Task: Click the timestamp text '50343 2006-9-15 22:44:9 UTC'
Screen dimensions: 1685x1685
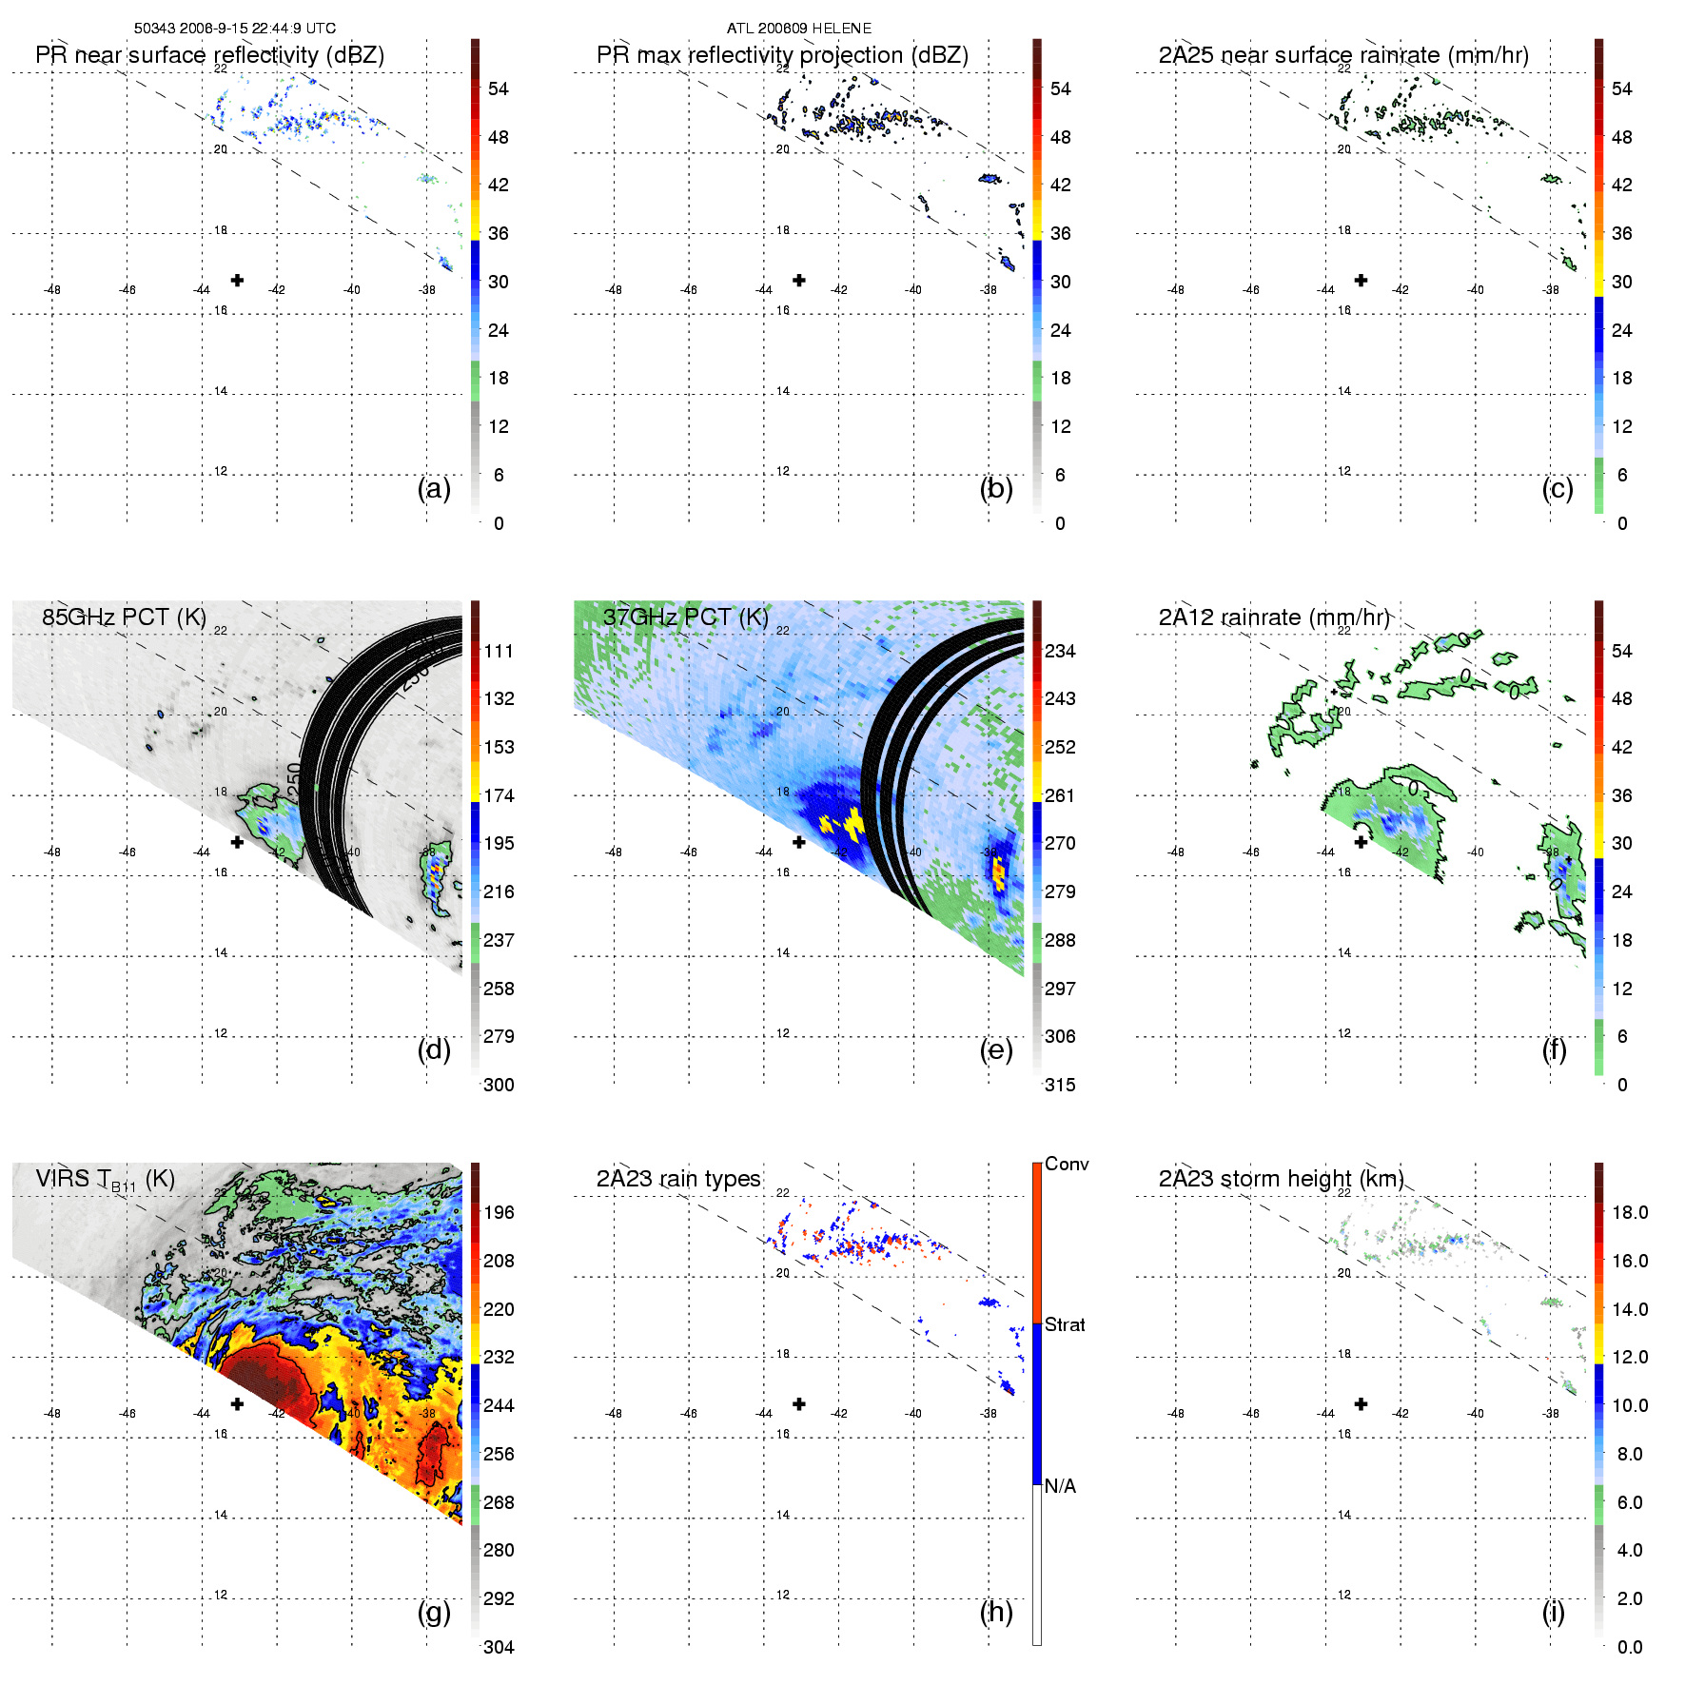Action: pyautogui.click(x=234, y=29)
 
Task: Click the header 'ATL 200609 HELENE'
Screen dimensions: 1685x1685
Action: pyautogui.click(x=798, y=29)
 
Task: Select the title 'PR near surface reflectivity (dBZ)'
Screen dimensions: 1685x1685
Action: pyautogui.click(x=209, y=55)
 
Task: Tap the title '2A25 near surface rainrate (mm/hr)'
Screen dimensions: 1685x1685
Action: pyautogui.click(x=1343, y=55)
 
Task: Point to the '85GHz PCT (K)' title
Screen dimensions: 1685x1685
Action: pyautogui.click(x=124, y=617)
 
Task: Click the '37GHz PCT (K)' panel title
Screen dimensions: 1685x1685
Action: pyautogui.click(x=685, y=617)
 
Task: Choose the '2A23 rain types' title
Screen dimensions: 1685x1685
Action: pyautogui.click(x=678, y=1179)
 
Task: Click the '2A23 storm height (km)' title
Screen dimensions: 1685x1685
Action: pyautogui.click(x=1281, y=1179)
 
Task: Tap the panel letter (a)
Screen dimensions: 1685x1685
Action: pyautogui.click(x=434, y=489)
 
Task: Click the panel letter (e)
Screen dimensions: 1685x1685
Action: pyautogui.click(x=996, y=1050)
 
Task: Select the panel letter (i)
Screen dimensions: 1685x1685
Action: pyautogui.click(x=1553, y=1612)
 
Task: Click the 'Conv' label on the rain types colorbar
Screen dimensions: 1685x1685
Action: pyautogui.click(x=1067, y=1164)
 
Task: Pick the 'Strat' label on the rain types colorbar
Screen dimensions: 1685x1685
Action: pyautogui.click(x=1065, y=1324)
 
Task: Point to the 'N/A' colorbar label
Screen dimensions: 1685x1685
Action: pyautogui.click(x=1060, y=1486)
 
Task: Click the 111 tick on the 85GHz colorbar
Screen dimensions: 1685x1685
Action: pyautogui.click(x=499, y=651)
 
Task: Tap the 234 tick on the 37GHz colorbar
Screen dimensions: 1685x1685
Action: pyautogui.click(x=1060, y=651)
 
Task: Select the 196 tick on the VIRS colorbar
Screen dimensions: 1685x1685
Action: pyautogui.click(x=499, y=1212)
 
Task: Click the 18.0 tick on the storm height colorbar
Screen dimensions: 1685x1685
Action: pyautogui.click(x=1630, y=1212)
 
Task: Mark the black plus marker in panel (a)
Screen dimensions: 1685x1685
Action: pyautogui.click(x=237, y=280)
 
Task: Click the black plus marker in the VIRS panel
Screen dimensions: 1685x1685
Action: pyautogui.click(x=237, y=1403)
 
